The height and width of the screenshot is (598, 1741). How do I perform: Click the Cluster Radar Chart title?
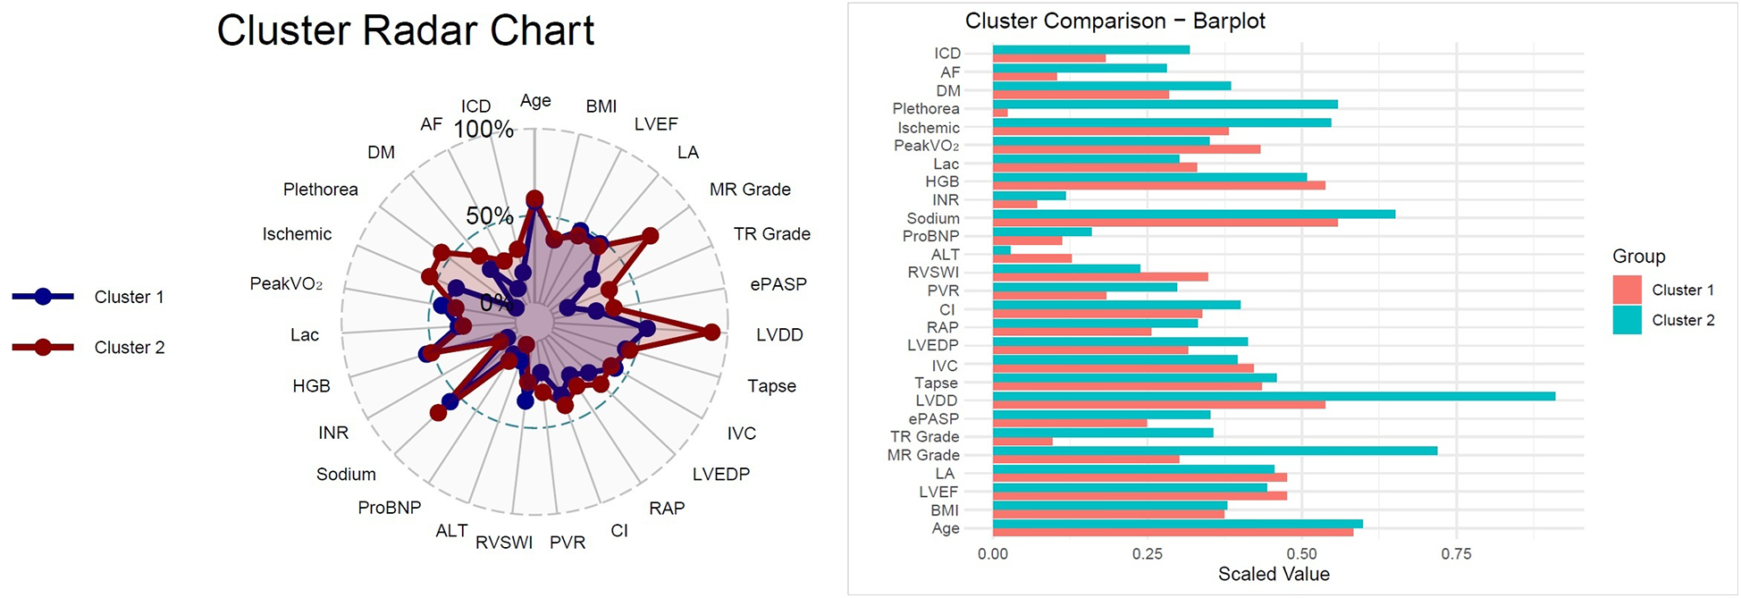[405, 30]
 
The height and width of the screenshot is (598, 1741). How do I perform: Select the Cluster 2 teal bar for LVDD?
[1273, 396]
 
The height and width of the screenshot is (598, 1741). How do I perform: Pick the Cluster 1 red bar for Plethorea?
[1000, 113]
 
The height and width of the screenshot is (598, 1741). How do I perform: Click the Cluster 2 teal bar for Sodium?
[1193, 214]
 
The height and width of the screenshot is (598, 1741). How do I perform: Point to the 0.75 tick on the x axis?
[1456, 554]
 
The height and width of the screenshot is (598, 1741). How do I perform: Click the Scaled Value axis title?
[1273, 575]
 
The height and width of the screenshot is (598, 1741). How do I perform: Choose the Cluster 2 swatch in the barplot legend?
[1627, 320]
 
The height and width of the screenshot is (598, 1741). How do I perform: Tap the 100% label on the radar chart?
[484, 130]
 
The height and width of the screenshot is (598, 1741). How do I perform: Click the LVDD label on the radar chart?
[779, 335]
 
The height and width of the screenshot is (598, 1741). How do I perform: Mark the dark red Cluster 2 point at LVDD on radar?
[711, 333]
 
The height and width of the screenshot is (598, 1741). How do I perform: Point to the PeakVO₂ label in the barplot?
[926, 146]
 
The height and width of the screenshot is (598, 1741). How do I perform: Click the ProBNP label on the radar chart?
[389, 508]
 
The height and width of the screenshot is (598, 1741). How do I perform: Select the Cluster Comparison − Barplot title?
[1114, 21]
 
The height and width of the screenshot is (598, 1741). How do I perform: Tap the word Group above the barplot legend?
[1638, 257]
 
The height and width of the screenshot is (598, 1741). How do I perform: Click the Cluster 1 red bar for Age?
[1173, 533]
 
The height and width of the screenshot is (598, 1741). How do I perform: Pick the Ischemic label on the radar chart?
[297, 234]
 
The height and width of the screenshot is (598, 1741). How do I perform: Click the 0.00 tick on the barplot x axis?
[992, 554]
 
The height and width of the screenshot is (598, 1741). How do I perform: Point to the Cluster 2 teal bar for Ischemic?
[1161, 122]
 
